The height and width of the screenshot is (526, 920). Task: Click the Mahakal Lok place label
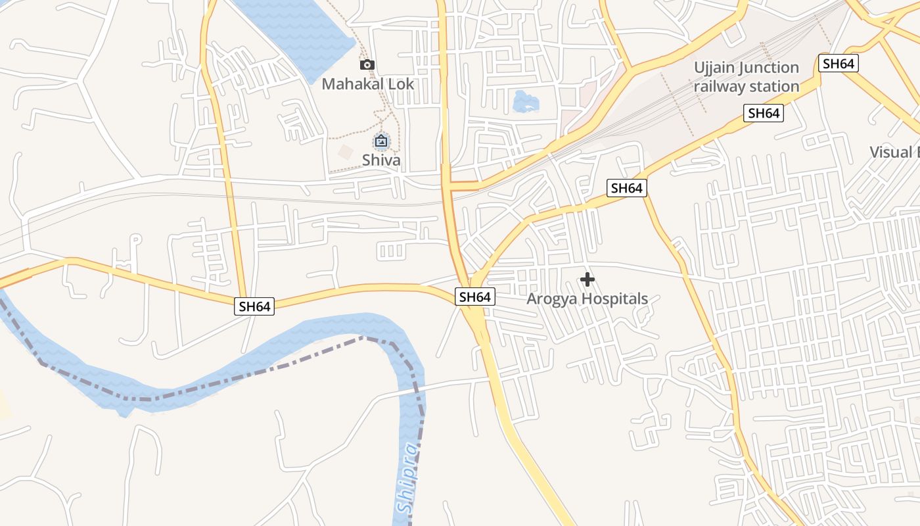pos(368,84)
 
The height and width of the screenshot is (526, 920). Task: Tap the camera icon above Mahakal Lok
pos(367,64)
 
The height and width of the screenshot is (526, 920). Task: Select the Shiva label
pos(381,160)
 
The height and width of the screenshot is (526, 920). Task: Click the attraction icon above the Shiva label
pos(380,141)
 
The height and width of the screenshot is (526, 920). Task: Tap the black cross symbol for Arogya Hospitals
pos(587,279)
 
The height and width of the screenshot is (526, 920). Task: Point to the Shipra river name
pos(408,478)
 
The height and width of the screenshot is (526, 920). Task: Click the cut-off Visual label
pos(894,152)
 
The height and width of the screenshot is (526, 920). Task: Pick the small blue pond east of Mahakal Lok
pos(525,102)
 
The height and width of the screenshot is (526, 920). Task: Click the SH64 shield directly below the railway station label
pos(764,113)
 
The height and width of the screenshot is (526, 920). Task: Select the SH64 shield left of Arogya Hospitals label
pos(474,297)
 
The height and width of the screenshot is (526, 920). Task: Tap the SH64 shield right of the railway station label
pos(838,63)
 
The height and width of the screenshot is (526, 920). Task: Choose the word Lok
pos(402,84)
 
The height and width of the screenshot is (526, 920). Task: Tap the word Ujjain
pos(714,68)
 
